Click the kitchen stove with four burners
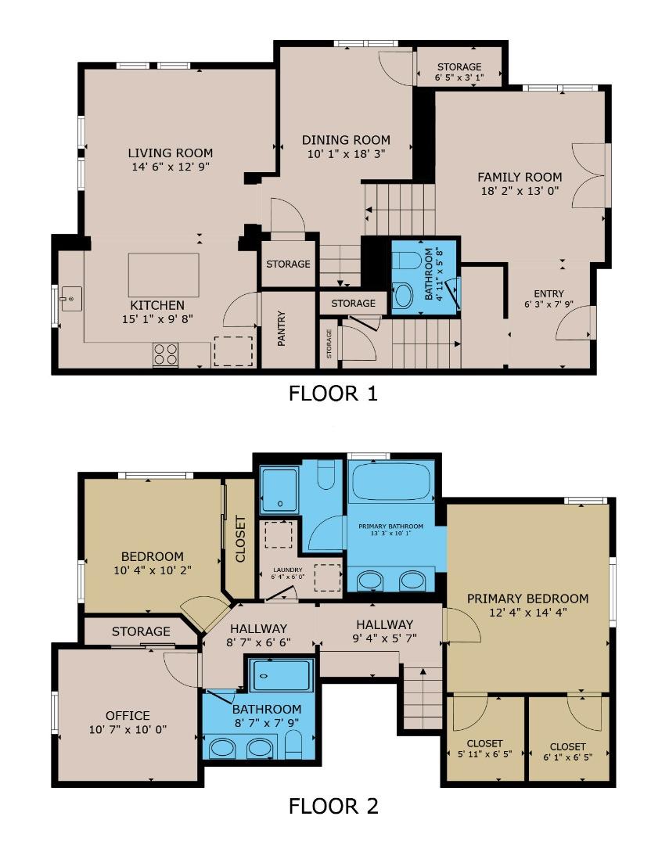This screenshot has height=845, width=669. (166, 354)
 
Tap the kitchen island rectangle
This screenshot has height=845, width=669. (164, 275)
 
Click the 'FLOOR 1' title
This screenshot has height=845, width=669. (333, 394)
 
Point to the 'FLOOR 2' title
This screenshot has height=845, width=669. (333, 806)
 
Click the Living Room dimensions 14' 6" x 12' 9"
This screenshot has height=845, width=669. (171, 167)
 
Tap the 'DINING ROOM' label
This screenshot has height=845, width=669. (346, 140)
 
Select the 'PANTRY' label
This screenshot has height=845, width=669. (281, 328)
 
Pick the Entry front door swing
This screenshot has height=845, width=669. (574, 322)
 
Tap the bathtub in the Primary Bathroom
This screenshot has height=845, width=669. (390, 481)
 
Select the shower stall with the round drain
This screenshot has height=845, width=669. (279, 490)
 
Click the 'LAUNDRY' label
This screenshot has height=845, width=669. (288, 570)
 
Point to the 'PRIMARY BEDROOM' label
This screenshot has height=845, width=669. (527, 599)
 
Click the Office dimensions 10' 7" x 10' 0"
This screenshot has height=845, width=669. (128, 729)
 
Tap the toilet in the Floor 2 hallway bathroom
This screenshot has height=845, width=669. (293, 744)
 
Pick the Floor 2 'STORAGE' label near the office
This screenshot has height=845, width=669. (141, 631)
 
